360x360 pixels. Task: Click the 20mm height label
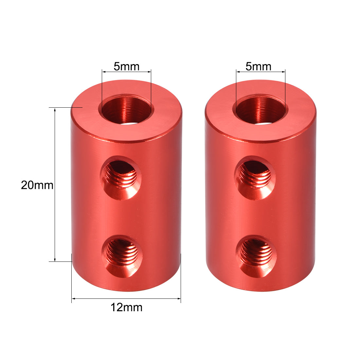pyautogui.click(x=37, y=185)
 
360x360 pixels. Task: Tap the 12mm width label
pyautogui.click(x=126, y=308)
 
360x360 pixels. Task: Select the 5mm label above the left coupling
pyautogui.click(x=126, y=66)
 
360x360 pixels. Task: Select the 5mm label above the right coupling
pyautogui.click(x=258, y=66)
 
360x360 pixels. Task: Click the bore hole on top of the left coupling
pyautogui.click(x=126, y=110)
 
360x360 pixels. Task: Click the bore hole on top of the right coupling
pyautogui.click(x=261, y=110)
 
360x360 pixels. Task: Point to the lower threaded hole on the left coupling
pyautogui.click(x=122, y=254)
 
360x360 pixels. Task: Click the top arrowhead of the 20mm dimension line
pyautogui.click(x=55, y=109)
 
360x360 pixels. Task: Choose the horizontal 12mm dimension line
pyautogui.click(x=147, y=298)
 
